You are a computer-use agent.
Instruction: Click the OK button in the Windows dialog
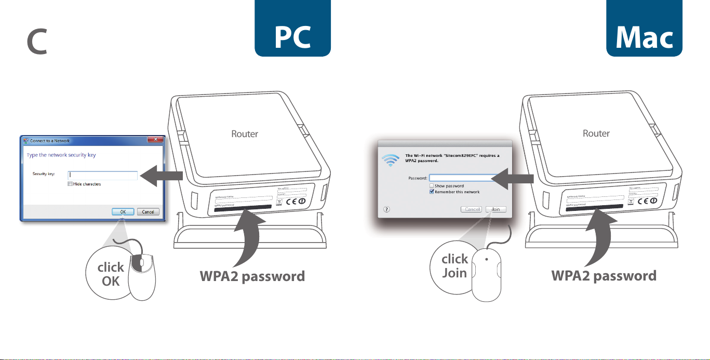click(x=123, y=211)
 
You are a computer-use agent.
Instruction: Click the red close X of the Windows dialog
click(x=153, y=140)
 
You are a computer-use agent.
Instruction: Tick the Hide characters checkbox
click(x=70, y=184)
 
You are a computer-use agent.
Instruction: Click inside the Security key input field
click(x=102, y=176)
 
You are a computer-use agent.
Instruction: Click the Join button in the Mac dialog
click(x=495, y=209)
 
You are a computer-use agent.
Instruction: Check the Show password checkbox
click(x=432, y=185)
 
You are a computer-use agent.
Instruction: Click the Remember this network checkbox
click(x=432, y=192)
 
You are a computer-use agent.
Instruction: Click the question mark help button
click(x=387, y=209)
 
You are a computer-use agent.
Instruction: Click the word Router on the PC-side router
click(x=245, y=134)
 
